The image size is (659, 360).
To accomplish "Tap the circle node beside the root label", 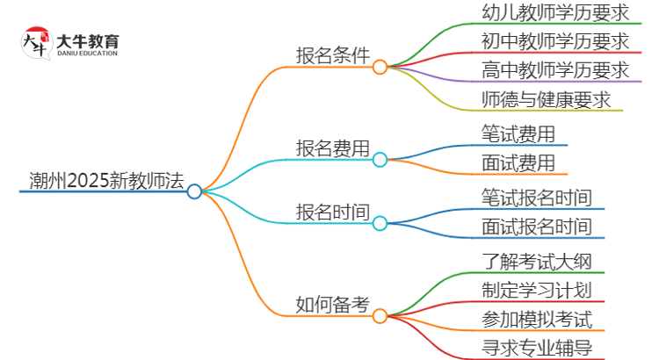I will coord(194,191).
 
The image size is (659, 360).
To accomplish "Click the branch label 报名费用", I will coord(332,148).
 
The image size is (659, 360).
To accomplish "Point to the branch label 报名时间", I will coord(332,212).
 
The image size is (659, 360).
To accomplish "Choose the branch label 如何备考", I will coord(332,305).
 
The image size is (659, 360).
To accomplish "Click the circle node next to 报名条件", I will coord(380,67).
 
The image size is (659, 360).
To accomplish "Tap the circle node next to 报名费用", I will coord(380,159).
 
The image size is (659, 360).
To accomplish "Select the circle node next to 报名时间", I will coord(380,224).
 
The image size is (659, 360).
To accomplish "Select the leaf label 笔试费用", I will coord(518,133).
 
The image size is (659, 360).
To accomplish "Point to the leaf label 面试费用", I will coord(518,162).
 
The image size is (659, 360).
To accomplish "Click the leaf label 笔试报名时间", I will coord(536,197).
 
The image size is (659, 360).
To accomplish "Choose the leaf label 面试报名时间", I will coord(536,227).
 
